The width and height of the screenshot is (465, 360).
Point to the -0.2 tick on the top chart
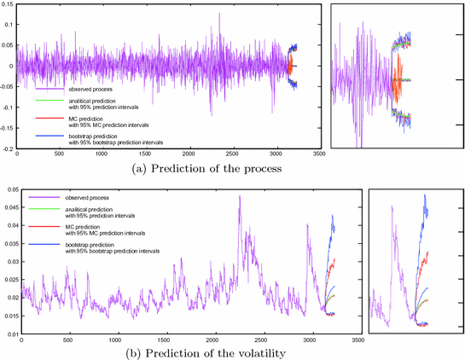pos(9,148)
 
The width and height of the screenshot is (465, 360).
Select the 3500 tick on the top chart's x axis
pos(318,155)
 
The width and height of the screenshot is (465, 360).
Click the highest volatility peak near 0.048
pos(239,196)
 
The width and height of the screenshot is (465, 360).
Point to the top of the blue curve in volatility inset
pos(425,195)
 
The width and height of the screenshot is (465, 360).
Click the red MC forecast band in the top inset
pos(398,81)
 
